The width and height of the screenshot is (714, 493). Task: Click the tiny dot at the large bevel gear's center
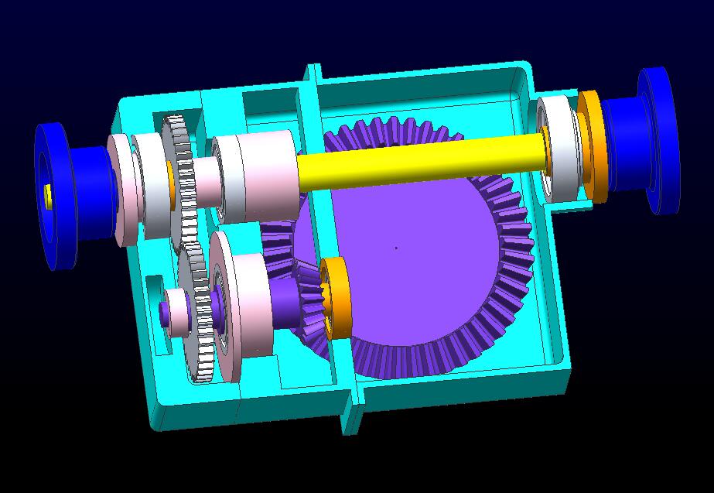[x=396, y=248]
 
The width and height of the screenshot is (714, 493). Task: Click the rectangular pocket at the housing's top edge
[x=271, y=108]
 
